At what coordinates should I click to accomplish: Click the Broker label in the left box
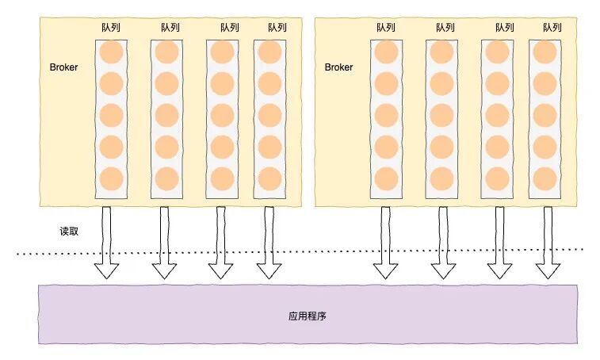(x=63, y=67)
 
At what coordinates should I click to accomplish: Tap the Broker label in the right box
(x=338, y=67)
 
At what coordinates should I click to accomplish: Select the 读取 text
(x=69, y=232)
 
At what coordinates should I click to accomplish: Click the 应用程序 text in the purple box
(x=308, y=316)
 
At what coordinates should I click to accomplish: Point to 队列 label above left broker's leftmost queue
(x=110, y=28)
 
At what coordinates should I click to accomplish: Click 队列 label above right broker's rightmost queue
(x=552, y=28)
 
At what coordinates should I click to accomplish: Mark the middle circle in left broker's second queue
(x=166, y=115)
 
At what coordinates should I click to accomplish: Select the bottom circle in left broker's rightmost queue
(x=270, y=178)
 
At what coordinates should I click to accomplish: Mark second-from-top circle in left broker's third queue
(x=222, y=83)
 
